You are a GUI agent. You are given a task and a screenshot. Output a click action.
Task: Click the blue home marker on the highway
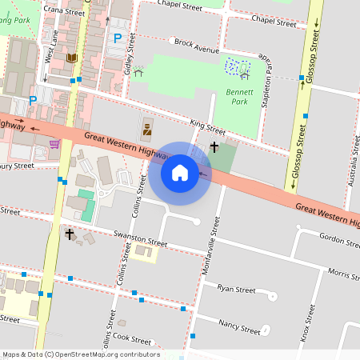point(179,173)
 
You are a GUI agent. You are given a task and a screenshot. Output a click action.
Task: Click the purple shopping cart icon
point(54,144)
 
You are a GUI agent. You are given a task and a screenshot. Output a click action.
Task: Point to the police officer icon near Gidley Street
point(147,128)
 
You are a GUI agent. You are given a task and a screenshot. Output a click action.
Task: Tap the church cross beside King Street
point(214,147)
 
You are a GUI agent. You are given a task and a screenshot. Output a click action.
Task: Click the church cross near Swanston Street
point(70,234)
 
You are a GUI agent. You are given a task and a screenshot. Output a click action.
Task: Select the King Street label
point(207,126)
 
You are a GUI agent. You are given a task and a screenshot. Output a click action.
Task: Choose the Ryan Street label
point(235,289)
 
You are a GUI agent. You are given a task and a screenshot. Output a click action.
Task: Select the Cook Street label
point(132,339)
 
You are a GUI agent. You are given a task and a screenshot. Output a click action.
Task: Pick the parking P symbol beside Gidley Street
point(118,38)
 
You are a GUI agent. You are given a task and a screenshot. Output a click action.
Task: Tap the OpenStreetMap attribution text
point(81,354)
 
